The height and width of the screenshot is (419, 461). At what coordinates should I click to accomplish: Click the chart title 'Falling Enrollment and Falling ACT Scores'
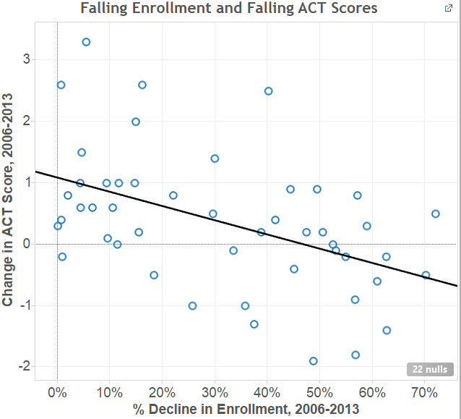click(229, 9)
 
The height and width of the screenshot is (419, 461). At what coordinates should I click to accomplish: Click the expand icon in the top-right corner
click(448, 8)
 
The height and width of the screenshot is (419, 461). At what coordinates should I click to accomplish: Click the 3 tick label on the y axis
click(45, 59)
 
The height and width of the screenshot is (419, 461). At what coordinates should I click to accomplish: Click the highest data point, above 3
click(86, 42)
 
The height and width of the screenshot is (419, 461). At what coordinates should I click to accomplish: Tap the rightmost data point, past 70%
click(436, 213)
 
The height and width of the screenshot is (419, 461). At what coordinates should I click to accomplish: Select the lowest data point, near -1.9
click(314, 361)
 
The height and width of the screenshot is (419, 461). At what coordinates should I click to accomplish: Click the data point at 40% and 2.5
click(268, 91)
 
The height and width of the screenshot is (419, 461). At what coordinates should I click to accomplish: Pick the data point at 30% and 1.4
click(215, 158)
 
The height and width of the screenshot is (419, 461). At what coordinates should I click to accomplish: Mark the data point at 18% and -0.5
click(154, 275)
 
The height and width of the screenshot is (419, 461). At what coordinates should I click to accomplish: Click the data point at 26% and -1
click(192, 305)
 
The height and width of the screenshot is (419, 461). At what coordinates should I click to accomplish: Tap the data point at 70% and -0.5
click(426, 275)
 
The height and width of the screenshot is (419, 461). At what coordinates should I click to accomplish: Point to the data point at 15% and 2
click(136, 122)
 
